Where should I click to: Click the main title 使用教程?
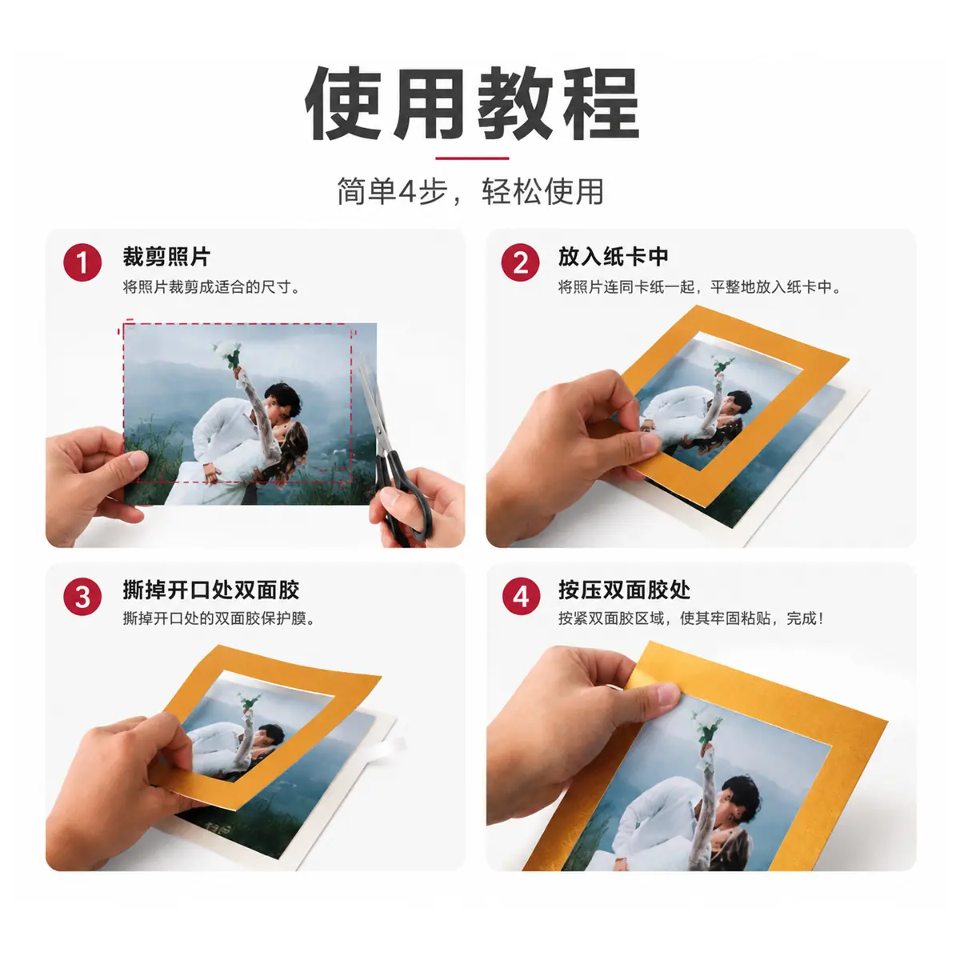[x=472, y=104]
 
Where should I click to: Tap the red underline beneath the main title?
[x=472, y=158]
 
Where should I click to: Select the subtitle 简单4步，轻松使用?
[x=470, y=191]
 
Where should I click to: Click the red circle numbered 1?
[x=82, y=262]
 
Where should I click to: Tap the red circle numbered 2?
[x=520, y=262]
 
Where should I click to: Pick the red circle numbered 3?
[x=82, y=596]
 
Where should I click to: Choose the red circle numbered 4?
[x=521, y=596]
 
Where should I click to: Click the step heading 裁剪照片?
[x=166, y=257]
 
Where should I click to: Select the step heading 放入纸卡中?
[x=613, y=257]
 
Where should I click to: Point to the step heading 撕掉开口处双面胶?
[x=210, y=590]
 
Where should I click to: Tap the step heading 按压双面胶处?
[x=624, y=590]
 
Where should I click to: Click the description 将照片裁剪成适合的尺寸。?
[x=211, y=287]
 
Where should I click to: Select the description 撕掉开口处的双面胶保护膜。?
[x=219, y=618]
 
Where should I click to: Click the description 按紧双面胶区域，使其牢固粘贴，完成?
[x=690, y=618]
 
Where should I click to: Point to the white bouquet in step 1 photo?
[x=228, y=354]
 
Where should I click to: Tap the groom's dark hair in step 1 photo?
[x=284, y=396]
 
